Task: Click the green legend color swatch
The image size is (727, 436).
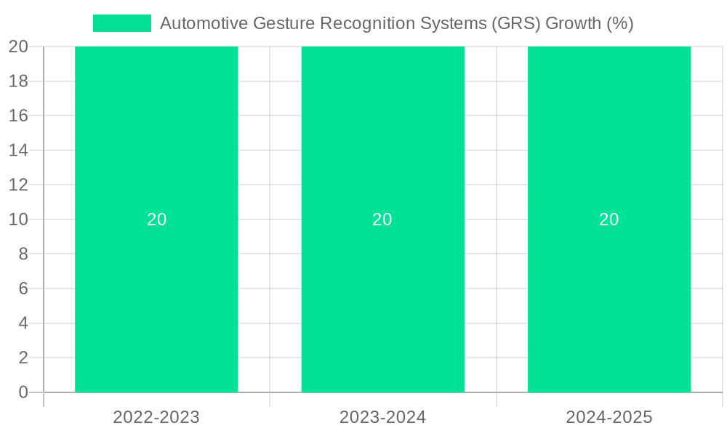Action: pyautogui.click(x=122, y=23)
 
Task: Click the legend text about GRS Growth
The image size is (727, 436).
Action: pyautogui.click(x=396, y=23)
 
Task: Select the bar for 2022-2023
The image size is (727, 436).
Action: pyautogui.click(x=156, y=291)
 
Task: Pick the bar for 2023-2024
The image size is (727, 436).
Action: pyautogui.click(x=382, y=291)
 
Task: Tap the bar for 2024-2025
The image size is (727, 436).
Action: pyautogui.click(x=609, y=291)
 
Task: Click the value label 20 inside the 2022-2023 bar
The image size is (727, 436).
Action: pyautogui.click(x=157, y=219)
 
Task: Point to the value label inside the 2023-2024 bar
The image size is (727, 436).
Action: pyautogui.click(x=382, y=219)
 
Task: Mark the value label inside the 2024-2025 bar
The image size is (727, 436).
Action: pyautogui.click(x=609, y=219)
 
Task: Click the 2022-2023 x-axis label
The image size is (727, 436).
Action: pyautogui.click(x=156, y=417)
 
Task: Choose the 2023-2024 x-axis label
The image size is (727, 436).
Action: pyautogui.click(x=382, y=417)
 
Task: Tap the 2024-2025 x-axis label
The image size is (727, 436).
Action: pyautogui.click(x=609, y=417)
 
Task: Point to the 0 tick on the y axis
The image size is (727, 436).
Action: pyautogui.click(x=23, y=392)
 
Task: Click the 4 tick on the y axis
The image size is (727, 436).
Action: pyautogui.click(x=23, y=323)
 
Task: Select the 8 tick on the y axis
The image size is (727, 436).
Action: pyautogui.click(x=23, y=254)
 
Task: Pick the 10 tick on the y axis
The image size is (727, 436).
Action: pyautogui.click(x=18, y=219)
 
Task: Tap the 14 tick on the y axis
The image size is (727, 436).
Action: pyautogui.click(x=18, y=150)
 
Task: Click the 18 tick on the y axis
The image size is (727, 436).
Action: pyautogui.click(x=18, y=81)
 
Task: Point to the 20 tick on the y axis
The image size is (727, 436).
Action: pyautogui.click(x=18, y=47)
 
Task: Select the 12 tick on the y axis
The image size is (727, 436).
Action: pyautogui.click(x=18, y=185)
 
